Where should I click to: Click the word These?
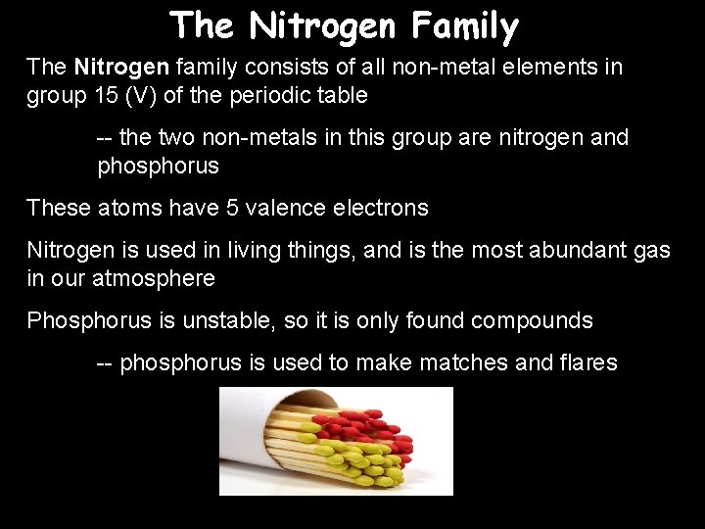59,208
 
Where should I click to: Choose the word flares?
586,363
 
